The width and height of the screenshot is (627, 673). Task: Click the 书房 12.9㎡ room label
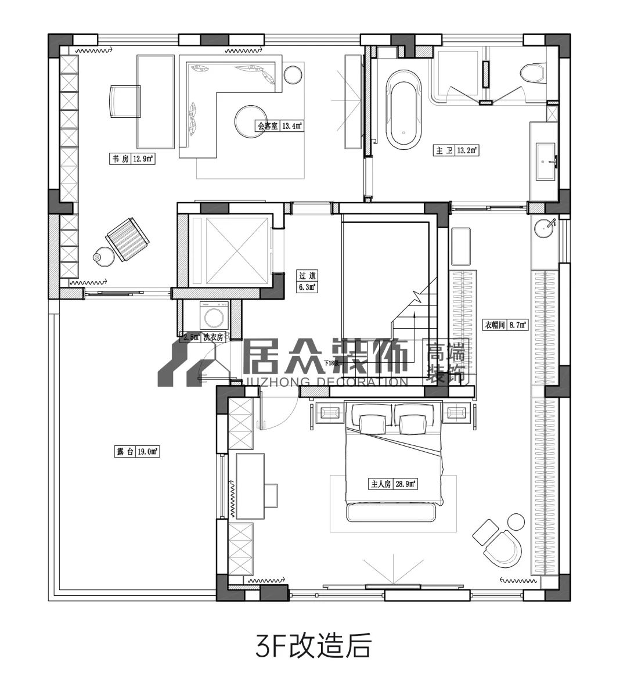pos(132,159)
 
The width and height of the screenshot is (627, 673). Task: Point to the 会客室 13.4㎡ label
pos(281,125)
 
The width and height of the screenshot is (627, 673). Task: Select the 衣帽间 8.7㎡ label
pos(505,325)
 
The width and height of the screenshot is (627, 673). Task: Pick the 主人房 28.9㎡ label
pos(393,483)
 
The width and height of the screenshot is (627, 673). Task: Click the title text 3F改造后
pos(313,646)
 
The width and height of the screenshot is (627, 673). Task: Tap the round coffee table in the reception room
pos(250,120)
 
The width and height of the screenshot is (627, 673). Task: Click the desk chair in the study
pos(123,100)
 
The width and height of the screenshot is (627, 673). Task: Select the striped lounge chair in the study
pos(127,239)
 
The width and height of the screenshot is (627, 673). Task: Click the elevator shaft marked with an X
pos(230,250)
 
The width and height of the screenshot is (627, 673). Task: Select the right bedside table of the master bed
pos(456,413)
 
